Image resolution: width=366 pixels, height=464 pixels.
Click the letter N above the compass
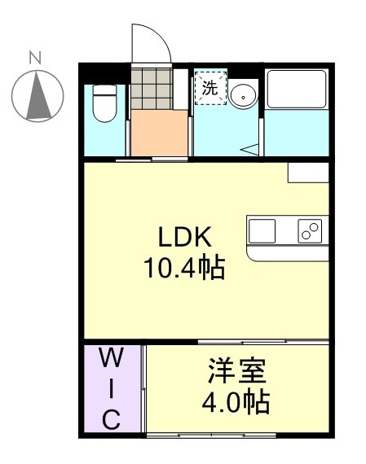[35, 57]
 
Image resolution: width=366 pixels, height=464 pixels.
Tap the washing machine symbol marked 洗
[209, 90]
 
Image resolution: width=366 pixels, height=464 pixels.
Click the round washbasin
[242, 96]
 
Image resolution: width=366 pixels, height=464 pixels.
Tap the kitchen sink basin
[262, 231]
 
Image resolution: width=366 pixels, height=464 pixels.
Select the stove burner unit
[310, 231]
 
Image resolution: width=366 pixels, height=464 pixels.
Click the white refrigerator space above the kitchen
[308, 173]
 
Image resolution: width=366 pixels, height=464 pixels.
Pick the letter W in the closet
[112, 357]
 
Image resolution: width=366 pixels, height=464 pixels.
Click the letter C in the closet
[112, 420]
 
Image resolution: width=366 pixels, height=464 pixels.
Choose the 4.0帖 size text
[237, 402]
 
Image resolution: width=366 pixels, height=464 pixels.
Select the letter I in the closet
[112, 389]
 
